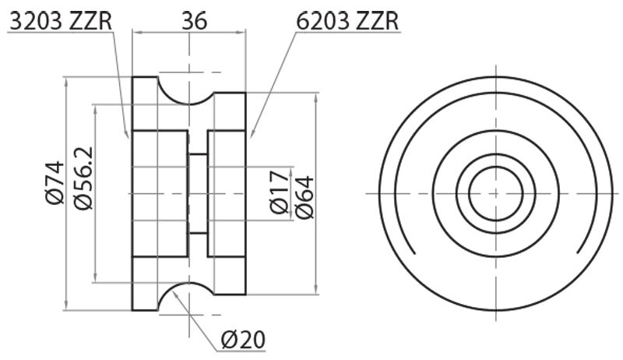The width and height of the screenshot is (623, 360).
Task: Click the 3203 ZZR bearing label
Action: click(61, 20)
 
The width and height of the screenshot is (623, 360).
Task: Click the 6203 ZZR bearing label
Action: click(347, 20)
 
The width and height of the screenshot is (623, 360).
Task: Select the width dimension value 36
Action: click(193, 20)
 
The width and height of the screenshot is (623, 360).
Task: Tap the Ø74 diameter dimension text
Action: click(54, 184)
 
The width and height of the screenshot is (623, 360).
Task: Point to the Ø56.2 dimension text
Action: click(82, 178)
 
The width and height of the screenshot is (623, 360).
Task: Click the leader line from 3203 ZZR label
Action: click(121, 86)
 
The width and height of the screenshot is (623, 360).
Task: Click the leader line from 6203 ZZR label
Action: click(273, 86)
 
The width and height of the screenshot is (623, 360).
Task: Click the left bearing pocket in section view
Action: click(160, 192)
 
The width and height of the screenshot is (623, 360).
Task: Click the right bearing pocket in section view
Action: click(227, 192)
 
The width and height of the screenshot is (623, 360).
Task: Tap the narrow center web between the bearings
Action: click(198, 193)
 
